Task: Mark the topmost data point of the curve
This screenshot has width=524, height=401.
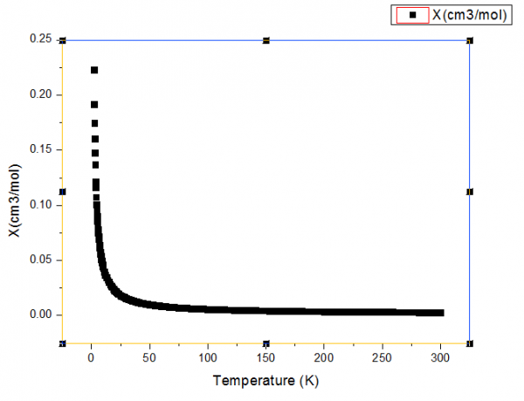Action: [x=94, y=70]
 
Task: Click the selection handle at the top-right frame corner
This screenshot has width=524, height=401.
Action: [x=470, y=40]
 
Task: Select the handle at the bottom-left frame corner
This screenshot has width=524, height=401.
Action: [x=63, y=343]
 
